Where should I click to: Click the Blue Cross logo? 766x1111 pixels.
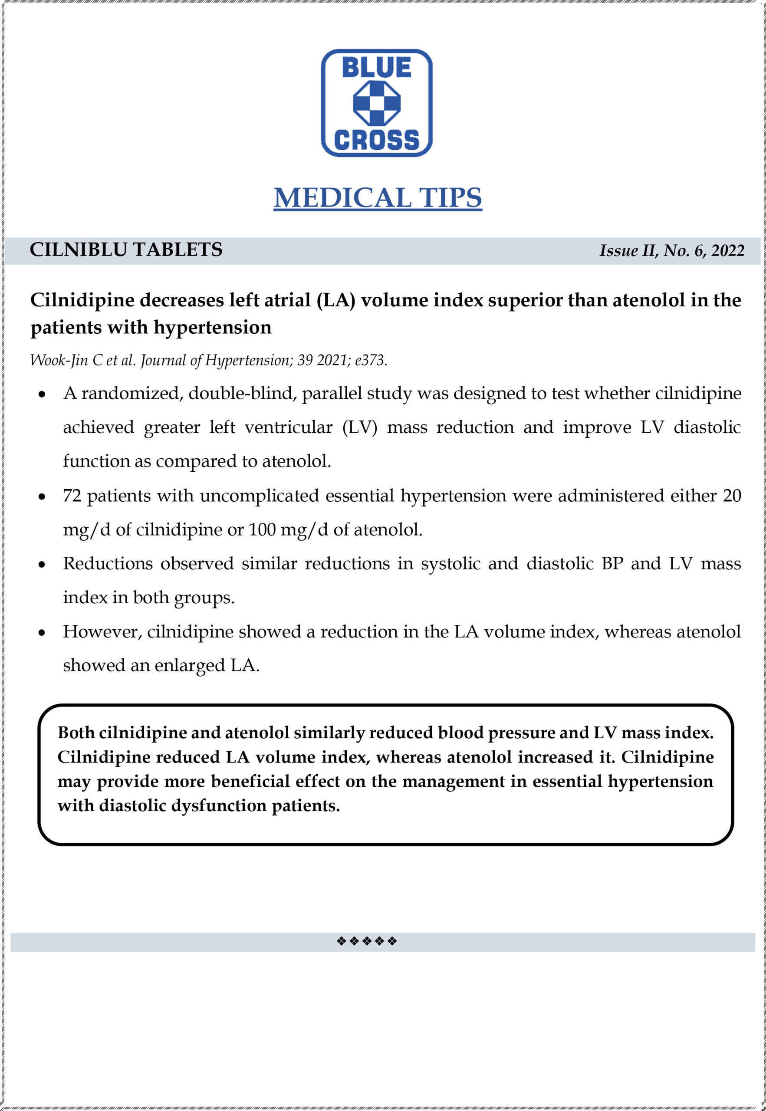tap(376, 103)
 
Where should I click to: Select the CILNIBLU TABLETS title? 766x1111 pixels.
tap(126, 250)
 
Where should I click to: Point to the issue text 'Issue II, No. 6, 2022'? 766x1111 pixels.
tap(671, 250)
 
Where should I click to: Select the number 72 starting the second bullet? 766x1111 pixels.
tap(72, 495)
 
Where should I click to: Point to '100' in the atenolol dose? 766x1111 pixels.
tap(262, 529)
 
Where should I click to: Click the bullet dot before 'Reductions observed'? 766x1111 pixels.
tap(43, 565)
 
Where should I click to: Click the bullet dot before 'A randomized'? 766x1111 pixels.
tap(43, 395)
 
